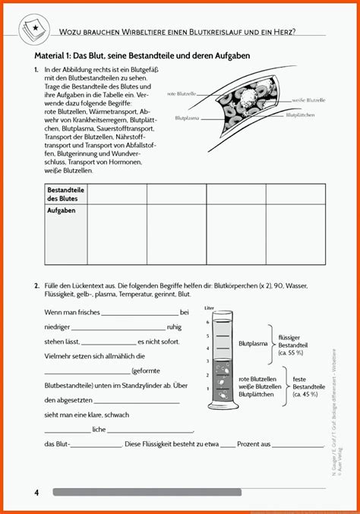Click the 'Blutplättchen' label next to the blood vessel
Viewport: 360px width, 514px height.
[x=302, y=115]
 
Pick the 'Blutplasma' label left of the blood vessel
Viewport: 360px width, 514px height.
[x=188, y=118]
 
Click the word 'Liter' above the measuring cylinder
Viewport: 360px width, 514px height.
[x=210, y=308]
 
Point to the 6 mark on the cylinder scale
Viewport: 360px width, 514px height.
[x=208, y=323]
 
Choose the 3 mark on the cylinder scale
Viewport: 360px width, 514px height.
[x=208, y=361]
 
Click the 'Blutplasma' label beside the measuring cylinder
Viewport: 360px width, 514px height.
[x=253, y=344]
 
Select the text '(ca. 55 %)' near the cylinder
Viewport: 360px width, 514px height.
[x=292, y=353]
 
